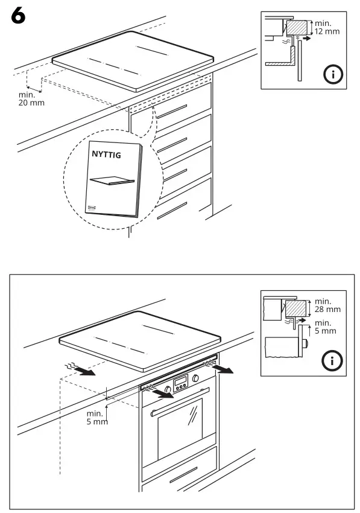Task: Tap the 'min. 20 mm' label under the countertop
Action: (x=30, y=98)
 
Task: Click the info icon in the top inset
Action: (x=332, y=75)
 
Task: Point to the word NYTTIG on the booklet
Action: (x=106, y=155)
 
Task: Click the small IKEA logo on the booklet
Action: (x=93, y=207)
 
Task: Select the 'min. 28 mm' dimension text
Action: (x=327, y=305)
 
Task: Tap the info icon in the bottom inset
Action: (x=332, y=361)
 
